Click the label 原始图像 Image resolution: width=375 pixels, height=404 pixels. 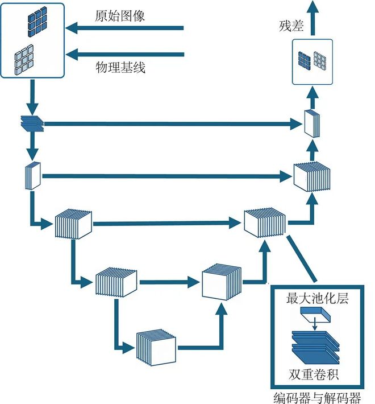[x=120, y=15]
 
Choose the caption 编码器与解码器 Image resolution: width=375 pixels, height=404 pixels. [x=316, y=397]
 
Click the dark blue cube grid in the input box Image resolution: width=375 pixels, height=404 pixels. [x=36, y=20]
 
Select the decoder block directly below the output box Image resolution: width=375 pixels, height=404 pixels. [x=311, y=123]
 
